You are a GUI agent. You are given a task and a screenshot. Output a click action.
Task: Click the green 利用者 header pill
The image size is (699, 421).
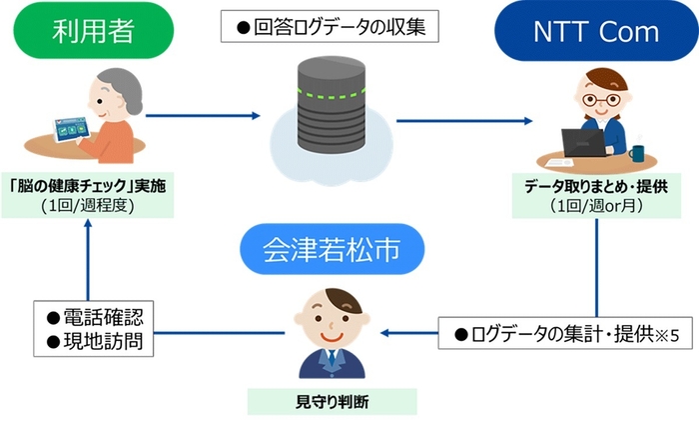[96, 34]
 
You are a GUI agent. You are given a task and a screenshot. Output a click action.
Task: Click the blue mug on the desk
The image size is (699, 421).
[636, 154]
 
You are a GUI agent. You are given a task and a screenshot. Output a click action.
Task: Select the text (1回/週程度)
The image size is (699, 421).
[89, 208]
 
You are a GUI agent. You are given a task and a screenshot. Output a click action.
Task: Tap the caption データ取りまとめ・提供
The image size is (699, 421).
[596, 187]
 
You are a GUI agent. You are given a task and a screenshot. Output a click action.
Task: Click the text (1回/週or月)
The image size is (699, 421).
[596, 207]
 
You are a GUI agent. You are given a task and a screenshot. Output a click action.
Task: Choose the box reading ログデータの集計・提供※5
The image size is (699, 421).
[566, 333]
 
